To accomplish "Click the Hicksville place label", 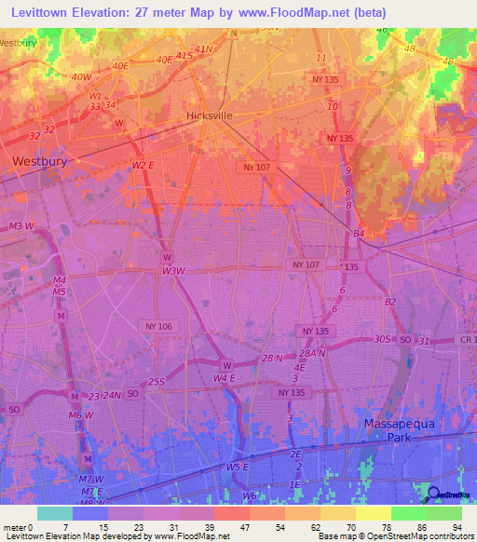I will coord(209,115).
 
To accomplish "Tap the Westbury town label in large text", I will coord(43,160).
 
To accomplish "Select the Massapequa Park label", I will coord(398,430).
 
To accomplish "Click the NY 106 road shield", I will coord(159,326).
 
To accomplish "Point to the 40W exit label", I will coord(81,77).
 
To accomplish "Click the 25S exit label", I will coord(157,382).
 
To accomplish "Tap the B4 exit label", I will coord(358,233).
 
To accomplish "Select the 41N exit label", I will coord(204,48).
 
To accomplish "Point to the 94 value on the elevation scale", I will coord(457,527).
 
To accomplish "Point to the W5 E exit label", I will coord(238,467).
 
